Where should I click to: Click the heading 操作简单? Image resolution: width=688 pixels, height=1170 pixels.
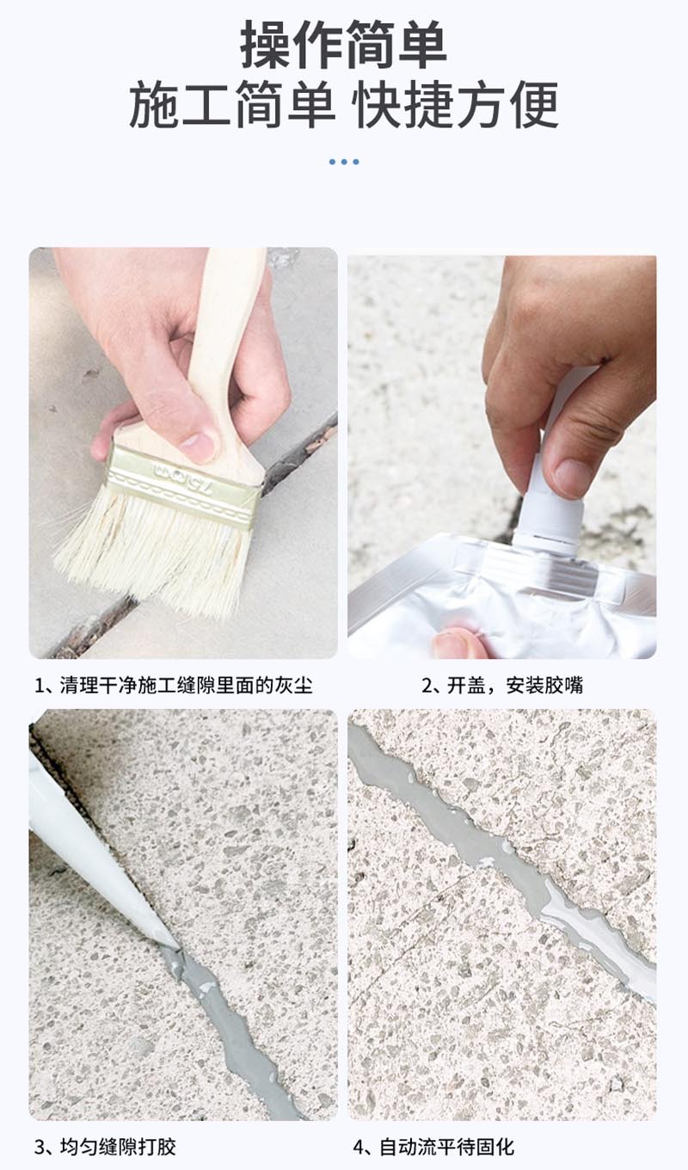[343, 46]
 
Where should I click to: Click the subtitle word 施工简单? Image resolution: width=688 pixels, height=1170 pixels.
[233, 105]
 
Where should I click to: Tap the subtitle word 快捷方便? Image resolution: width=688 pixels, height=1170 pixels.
[457, 105]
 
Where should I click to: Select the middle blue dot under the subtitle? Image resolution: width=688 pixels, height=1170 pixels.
[344, 162]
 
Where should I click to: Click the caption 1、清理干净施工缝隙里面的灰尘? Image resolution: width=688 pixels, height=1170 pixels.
[174, 685]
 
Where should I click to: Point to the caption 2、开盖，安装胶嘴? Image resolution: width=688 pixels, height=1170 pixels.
[502, 685]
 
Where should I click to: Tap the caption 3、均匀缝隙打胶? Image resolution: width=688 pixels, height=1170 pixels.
[105, 1147]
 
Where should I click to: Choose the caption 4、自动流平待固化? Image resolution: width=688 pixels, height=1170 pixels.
[433, 1147]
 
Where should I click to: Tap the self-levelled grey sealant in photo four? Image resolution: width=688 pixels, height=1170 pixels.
[501, 857]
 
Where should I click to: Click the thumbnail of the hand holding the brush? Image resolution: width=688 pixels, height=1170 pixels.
[183, 453]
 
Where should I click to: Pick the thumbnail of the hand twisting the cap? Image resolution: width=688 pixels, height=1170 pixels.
[502, 457]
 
